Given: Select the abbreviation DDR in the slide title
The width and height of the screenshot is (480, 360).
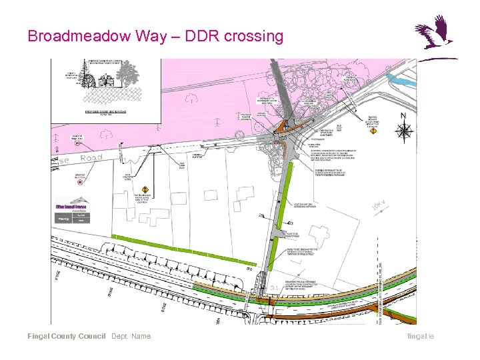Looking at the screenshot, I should click(197, 35).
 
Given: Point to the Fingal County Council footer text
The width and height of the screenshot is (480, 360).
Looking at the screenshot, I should click(66, 336).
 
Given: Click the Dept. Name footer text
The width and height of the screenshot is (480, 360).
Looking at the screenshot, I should click(131, 336).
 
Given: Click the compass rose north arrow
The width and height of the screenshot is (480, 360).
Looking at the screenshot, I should click(405, 131).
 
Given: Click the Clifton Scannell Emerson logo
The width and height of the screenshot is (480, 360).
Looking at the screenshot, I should click(73, 207).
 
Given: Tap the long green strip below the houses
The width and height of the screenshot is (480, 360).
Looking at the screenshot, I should click(183, 249).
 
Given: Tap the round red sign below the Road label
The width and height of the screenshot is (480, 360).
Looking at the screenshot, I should click(81, 181).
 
